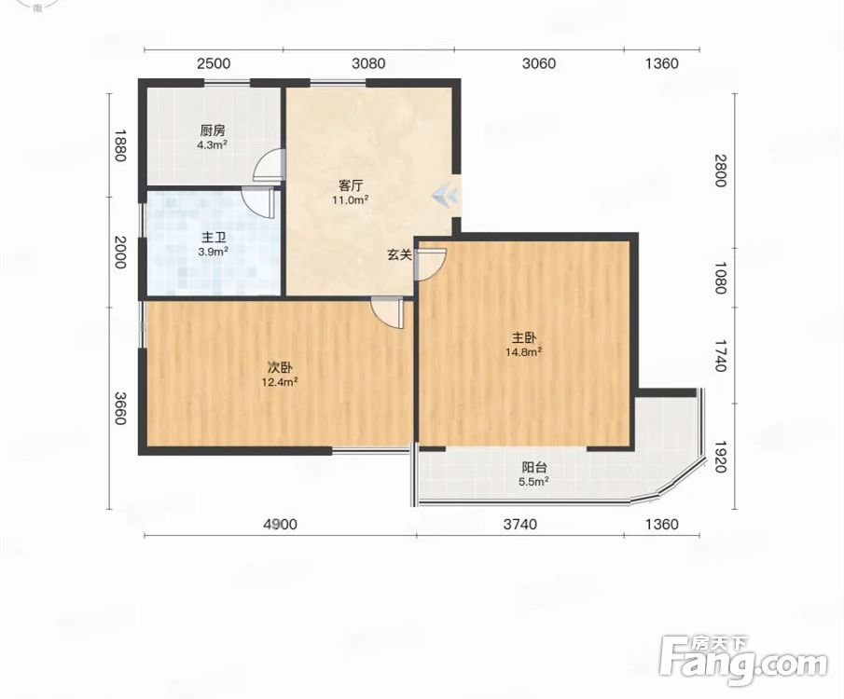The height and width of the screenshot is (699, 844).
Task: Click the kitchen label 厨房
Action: [213, 130]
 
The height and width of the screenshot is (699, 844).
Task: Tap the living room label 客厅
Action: [351, 185]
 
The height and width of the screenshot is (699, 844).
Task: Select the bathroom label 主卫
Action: [214, 238]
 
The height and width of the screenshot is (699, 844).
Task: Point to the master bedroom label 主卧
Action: [524, 338]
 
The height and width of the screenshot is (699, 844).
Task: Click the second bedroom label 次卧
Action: [281, 368]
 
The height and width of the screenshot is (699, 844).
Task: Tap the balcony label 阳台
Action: [534, 467]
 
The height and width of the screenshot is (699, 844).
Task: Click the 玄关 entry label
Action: [400, 255]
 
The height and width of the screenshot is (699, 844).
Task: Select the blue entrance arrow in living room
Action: [445, 195]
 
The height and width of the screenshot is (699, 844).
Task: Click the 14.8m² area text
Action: [523, 352]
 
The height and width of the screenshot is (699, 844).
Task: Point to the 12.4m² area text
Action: [280, 382]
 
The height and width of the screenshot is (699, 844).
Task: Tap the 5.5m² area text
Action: [534, 481]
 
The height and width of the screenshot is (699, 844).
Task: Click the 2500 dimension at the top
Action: [214, 63]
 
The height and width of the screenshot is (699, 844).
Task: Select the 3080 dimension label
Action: [368, 63]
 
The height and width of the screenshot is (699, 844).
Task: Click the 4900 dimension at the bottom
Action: [280, 524]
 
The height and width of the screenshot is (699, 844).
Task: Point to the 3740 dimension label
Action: [520, 524]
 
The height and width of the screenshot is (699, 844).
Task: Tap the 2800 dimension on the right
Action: [720, 170]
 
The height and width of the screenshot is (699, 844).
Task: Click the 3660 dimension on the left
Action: [120, 408]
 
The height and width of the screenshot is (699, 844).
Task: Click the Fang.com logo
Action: [743, 661]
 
